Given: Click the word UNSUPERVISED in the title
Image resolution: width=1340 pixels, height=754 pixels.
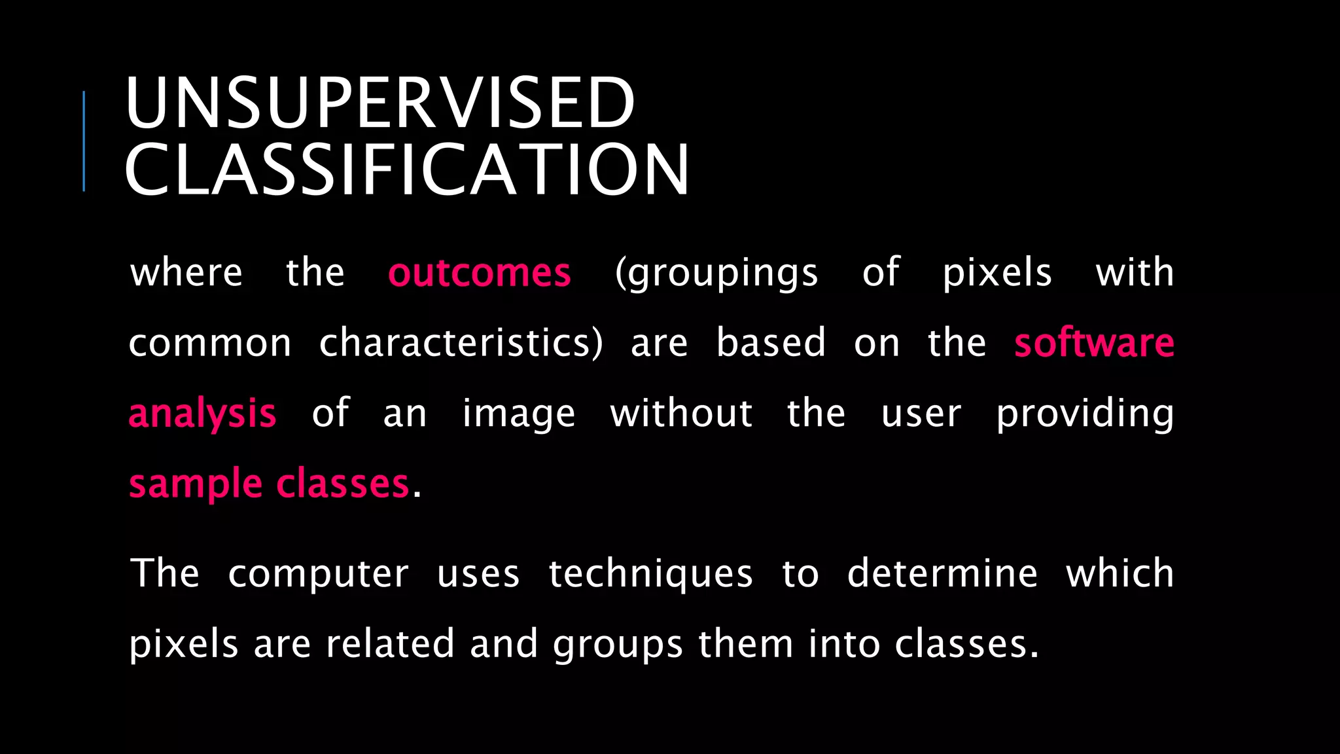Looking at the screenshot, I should coord(379,103).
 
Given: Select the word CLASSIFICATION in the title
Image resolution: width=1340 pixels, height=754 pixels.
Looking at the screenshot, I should coord(406,170).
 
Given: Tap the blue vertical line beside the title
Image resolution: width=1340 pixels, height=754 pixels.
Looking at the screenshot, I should coord(84,141).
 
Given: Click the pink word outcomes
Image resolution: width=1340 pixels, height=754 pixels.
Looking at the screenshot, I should coord(479,272).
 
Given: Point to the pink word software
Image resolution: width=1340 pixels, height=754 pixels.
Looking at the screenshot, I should coord(1094,342).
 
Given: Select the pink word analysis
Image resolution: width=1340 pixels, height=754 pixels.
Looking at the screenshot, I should coord(202,414).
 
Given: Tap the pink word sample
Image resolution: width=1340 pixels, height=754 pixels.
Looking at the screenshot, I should coord(195,484).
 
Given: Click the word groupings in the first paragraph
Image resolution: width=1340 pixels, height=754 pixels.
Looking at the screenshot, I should coord(716,274).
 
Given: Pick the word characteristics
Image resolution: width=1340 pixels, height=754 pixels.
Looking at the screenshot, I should coord(461,342).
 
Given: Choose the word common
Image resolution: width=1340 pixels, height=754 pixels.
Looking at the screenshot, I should coord(210,344).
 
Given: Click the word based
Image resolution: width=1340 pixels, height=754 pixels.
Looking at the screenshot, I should coord(771,342).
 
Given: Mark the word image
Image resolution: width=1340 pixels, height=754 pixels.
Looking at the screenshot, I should coord(518,414).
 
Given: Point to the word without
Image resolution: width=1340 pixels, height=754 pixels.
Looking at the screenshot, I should coord(681,414).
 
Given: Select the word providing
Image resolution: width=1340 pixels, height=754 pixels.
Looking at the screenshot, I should coord(1085,414).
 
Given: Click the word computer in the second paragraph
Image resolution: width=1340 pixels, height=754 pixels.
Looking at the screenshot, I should coord(318,574).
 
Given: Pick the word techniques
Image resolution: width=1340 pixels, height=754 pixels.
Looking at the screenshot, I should coord(650,574).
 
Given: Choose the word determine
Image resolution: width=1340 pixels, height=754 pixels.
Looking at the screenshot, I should coord(942,574).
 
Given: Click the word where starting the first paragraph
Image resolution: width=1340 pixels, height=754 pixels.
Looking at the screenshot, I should coord(186,272).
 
